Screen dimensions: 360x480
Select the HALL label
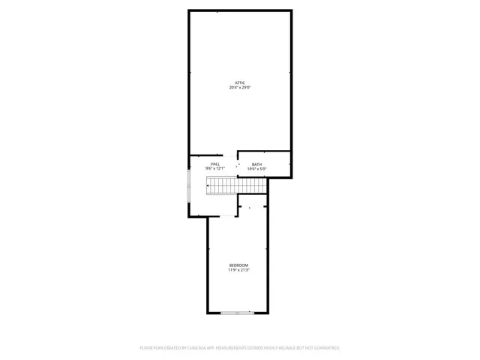214,164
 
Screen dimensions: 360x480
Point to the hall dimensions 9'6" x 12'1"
214,169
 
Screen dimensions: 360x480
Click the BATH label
256,165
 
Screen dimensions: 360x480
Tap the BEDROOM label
238,265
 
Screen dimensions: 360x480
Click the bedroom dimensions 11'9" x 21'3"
238,271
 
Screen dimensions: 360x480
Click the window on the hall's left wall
188,185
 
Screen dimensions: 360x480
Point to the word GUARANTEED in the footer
324,348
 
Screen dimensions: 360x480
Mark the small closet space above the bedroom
253,204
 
